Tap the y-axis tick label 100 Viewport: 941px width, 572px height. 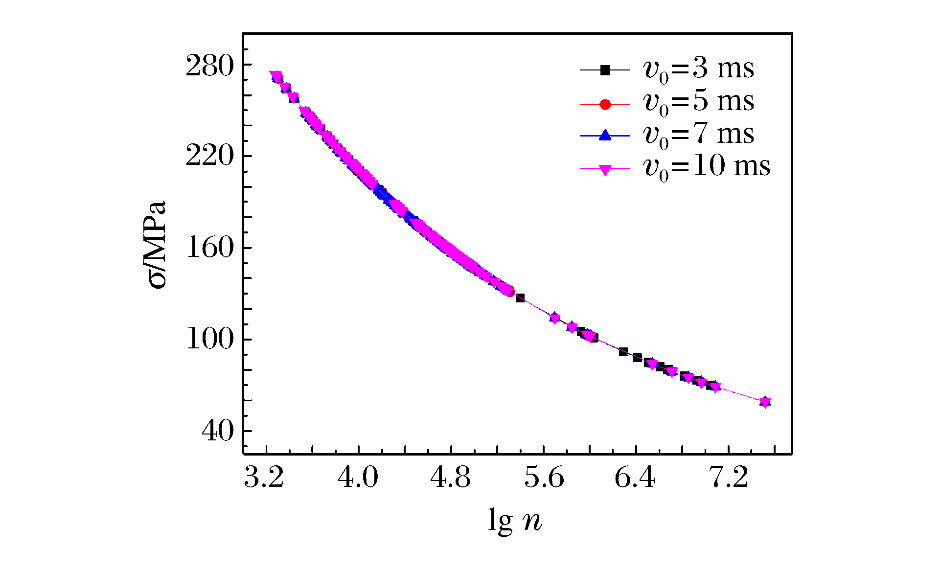point(209,340)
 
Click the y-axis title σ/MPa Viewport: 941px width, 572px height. point(158,245)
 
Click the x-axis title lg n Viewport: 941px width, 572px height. point(515,521)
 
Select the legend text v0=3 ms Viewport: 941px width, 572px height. point(698,69)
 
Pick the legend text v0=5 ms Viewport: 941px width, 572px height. point(698,102)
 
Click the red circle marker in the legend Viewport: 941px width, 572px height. point(605,104)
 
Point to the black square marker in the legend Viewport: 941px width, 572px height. point(605,70)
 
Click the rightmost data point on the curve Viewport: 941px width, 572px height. point(765,402)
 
